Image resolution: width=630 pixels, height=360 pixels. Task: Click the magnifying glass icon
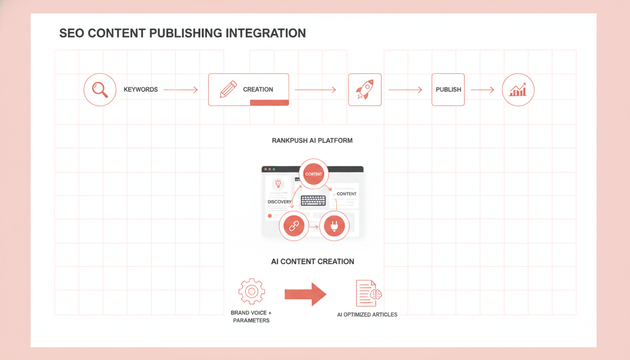click(x=100, y=90)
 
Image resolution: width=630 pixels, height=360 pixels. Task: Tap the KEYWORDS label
click(x=140, y=90)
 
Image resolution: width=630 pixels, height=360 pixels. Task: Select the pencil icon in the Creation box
click(x=229, y=89)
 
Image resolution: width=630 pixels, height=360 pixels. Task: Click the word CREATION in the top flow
click(x=258, y=90)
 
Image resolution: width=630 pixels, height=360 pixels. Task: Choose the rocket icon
click(x=365, y=90)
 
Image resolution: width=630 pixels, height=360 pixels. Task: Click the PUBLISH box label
click(x=448, y=90)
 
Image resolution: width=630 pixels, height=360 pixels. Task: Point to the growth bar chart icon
click(x=518, y=90)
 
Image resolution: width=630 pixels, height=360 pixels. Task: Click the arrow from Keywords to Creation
click(x=180, y=90)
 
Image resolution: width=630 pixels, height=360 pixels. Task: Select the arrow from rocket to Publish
click(x=405, y=90)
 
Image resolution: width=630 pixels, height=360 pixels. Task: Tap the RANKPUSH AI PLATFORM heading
click(x=312, y=140)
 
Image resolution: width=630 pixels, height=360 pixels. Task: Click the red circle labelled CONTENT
click(x=314, y=174)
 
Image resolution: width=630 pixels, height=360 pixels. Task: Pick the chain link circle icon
click(x=294, y=226)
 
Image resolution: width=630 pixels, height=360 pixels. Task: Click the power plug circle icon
click(x=334, y=226)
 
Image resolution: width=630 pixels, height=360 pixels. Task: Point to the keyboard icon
click(x=313, y=201)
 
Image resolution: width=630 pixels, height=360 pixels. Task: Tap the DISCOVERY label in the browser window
click(x=279, y=202)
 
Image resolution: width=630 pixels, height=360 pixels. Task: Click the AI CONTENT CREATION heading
click(x=312, y=261)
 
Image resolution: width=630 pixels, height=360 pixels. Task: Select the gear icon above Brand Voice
click(x=252, y=292)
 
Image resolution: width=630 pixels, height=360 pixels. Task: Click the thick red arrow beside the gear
click(x=306, y=294)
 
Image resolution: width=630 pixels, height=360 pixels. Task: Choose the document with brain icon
click(x=369, y=293)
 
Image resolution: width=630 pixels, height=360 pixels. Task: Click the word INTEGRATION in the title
click(x=265, y=33)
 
